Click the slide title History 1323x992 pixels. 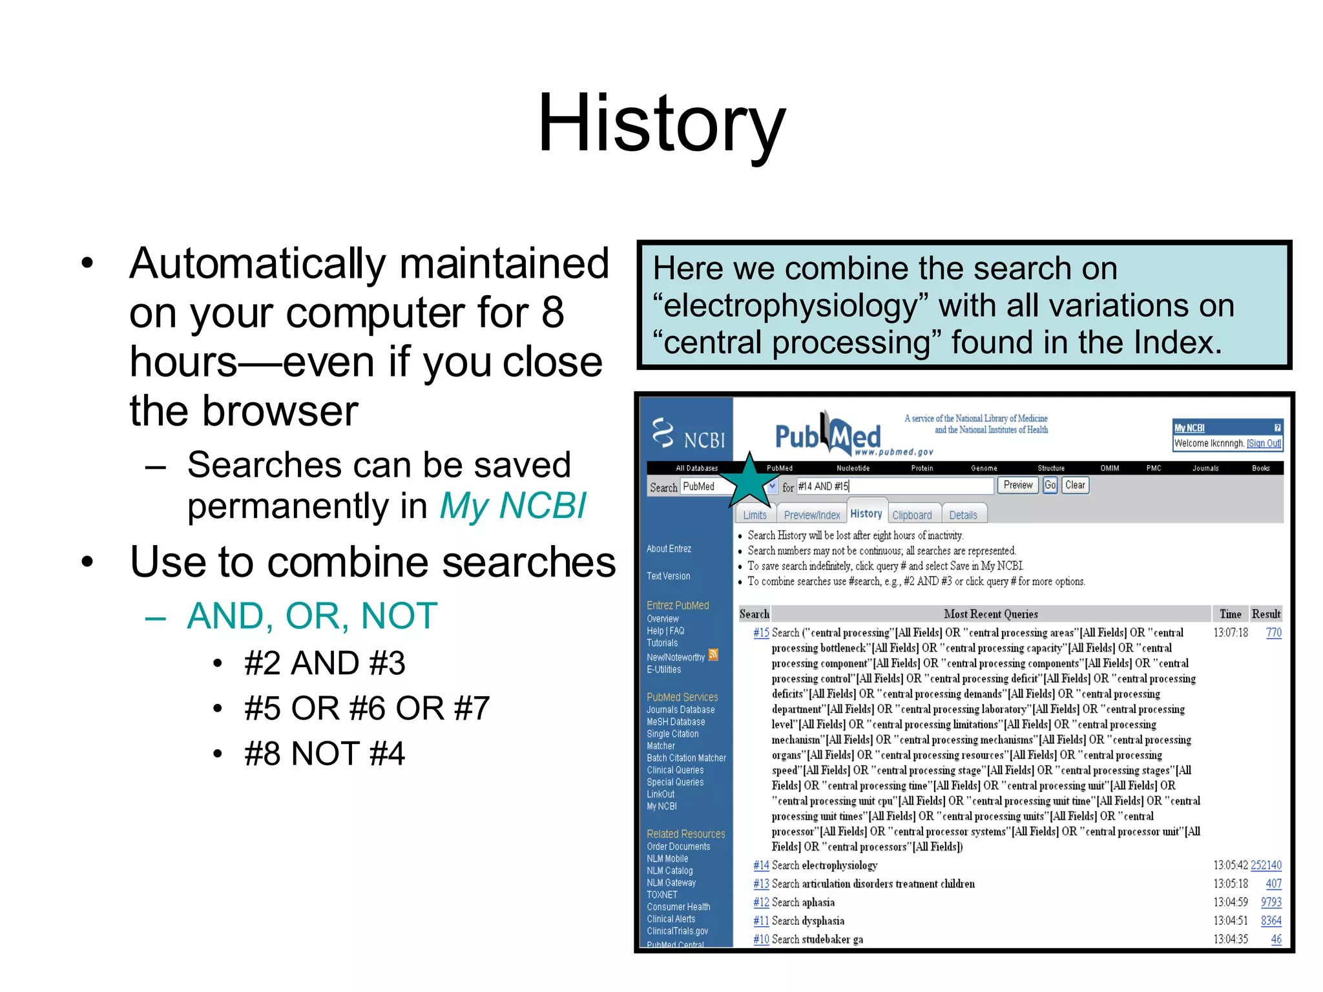tap(661, 123)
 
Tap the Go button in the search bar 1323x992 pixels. tap(1050, 485)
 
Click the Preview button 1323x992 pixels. tap(1017, 485)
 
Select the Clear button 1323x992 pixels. tap(1075, 485)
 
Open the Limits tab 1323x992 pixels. tap(755, 515)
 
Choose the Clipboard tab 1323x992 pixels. tap(912, 515)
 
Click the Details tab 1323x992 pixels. tap(963, 515)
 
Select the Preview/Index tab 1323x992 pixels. tap(811, 515)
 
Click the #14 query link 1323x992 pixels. tap(760, 865)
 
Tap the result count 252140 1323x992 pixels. tap(1266, 865)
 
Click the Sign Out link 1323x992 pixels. tap(1264, 443)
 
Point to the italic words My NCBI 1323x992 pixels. tap(513, 506)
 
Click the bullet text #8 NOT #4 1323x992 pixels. tap(324, 754)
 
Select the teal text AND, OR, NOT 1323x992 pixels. tap(312, 615)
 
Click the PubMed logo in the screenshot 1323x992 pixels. tap(828, 435)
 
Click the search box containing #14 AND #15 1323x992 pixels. tap(894, 486)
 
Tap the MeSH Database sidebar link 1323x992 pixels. tap(676, 721)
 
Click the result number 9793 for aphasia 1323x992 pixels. tap(1271, 902)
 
